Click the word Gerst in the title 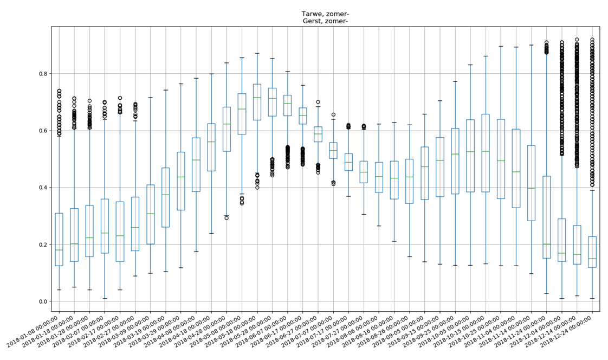coord(312,21)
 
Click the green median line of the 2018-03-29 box coord(181,177)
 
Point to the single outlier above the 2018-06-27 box coord(318,102)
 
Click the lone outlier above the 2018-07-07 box coord(333,115)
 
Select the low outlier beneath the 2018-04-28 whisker coord(227,218)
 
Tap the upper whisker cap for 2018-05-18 coord(257,53)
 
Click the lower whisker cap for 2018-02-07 coord(105,298)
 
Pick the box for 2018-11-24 coord(546,217)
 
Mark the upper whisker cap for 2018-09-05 coord(424,114)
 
